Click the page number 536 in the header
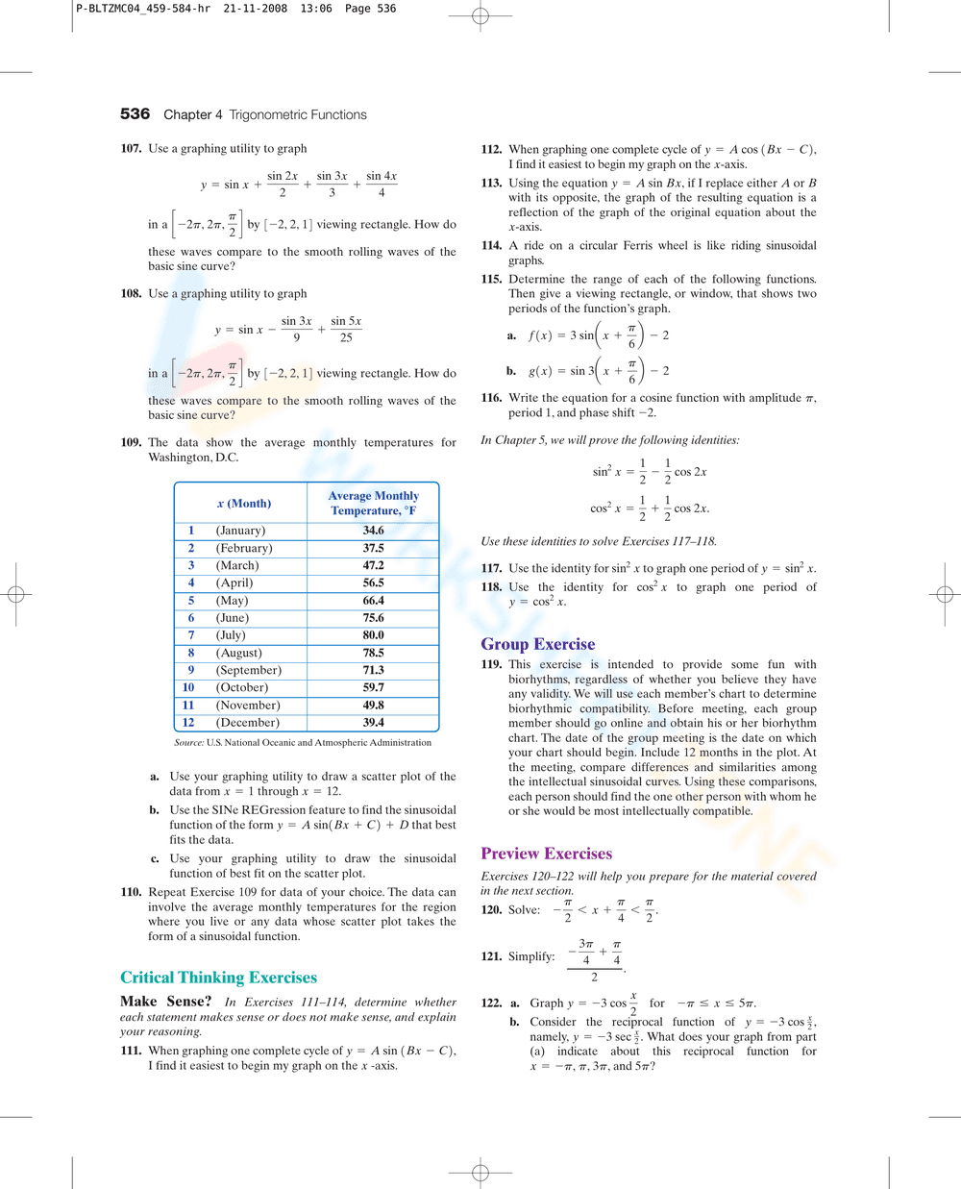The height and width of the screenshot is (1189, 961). [135, 114]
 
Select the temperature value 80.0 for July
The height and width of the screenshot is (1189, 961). [373, 635]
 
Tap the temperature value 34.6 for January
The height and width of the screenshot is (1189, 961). [373, 531]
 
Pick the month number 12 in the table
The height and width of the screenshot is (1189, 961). [188, 723]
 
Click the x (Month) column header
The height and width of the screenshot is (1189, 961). [244, 504]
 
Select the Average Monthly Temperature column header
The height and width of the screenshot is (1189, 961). [373, 504]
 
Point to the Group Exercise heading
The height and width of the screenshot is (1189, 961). [537, 645]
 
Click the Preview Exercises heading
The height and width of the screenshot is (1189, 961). [546, 854]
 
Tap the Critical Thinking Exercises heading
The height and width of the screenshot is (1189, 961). [218, 978]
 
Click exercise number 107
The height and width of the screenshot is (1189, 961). [131, 149]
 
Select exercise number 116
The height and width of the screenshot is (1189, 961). [491, 398]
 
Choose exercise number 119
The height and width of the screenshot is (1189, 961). [491, 665]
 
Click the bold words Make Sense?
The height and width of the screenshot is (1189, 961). [165, 1002]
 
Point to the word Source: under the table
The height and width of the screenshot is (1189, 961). [188, 743]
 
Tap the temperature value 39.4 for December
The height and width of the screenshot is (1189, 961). [373, 723]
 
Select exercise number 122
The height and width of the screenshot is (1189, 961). [491, 1003]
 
